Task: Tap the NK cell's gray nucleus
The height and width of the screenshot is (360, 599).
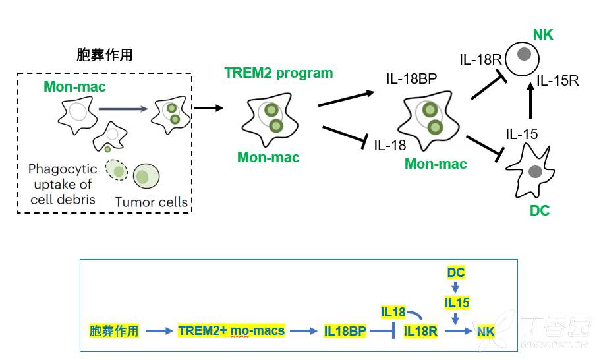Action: coord(525,54)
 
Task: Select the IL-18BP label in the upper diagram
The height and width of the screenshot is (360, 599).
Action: coord(412,80)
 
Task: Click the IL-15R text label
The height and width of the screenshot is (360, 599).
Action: coord(557,81)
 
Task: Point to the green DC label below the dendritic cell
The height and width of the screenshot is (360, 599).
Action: coord(540,211)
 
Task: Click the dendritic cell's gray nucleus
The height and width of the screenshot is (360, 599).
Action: coord(534,173)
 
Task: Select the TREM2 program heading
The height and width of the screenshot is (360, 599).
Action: coord(279,73)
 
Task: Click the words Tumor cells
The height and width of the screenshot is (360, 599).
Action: coord(151,202)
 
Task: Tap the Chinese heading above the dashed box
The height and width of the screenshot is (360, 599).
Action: coord(105,55)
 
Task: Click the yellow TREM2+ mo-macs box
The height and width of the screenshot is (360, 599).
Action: coord(231,330)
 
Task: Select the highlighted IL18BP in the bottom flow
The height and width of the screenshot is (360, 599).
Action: coord(345,331)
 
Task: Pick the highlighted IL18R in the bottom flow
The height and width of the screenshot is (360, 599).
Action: coord(420,331)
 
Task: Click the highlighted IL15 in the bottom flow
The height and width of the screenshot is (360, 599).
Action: coord(457,303)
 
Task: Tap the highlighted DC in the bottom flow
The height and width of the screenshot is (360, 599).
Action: coord(456,272)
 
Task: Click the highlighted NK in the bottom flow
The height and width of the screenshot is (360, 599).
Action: coord(486,331)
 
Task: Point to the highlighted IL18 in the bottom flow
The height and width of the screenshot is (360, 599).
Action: coord(394,311)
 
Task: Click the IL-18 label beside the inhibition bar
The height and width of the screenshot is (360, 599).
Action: coord(390,144)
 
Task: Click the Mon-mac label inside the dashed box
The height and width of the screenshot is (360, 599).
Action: coord(74,86)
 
